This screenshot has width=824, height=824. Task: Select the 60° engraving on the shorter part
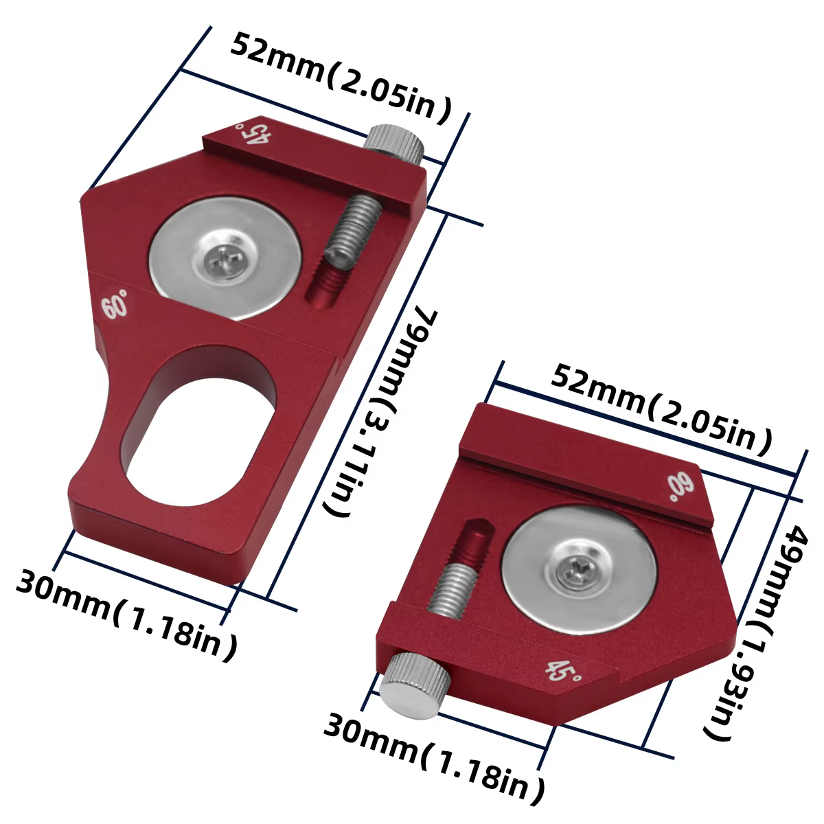tap(680, 487)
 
